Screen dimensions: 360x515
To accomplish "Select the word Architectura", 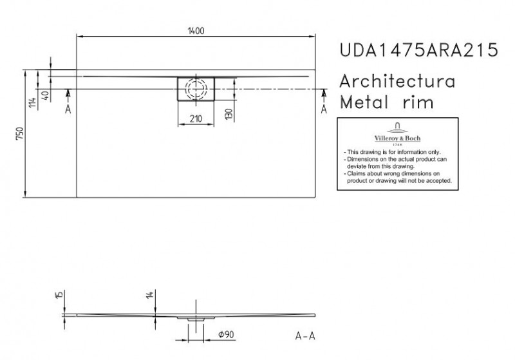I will pyautogui.click(x=398, y=82).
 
